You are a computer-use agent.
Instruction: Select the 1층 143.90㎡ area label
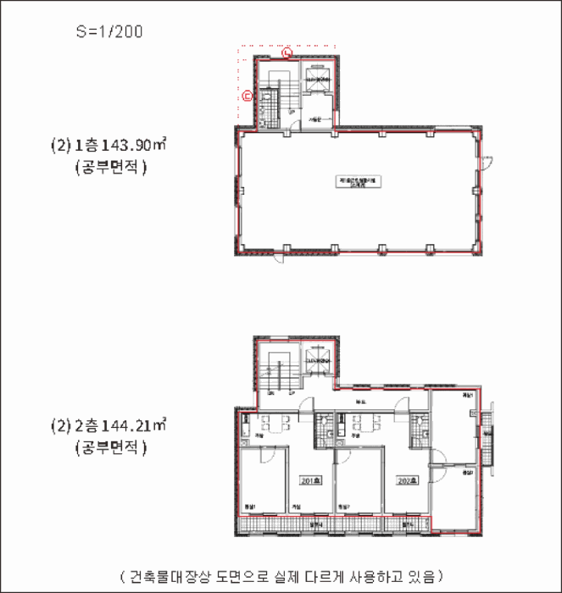(108, 146)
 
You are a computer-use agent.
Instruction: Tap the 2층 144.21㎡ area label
(108, 425)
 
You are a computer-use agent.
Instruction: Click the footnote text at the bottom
(281, 577)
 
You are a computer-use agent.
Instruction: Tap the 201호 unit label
(311, 480)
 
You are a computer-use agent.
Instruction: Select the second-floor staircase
(277, 369)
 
